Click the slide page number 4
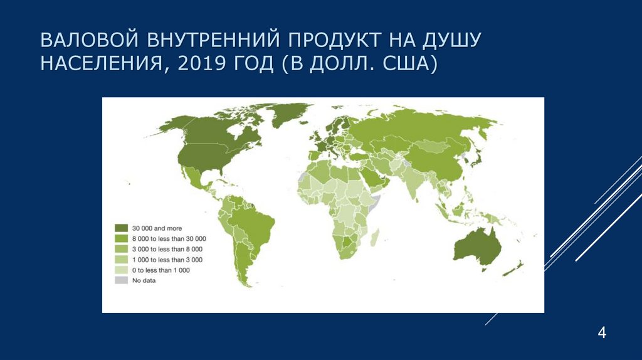click(x=602, y=332)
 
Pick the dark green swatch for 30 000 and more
click(x=121, y=228)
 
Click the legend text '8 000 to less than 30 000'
click(x=169, y=239)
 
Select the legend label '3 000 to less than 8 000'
click(x=166, y=249)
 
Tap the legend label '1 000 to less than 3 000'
click(x=166, y=260)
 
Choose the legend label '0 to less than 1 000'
click(x=160, y=270)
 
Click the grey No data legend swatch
click(x=121, y=280)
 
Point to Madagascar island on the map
click(x=376, y=236)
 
